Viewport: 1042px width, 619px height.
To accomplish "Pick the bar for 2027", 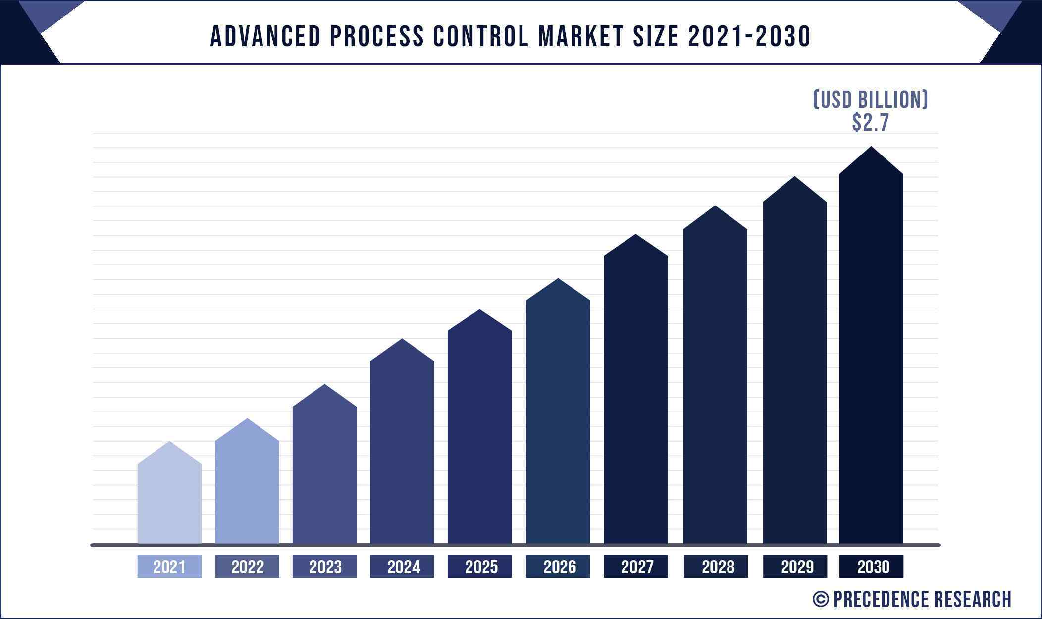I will point(635,396).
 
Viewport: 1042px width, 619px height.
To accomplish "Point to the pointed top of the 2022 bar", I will point(247,422).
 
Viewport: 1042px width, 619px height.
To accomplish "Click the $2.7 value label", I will point(871,123).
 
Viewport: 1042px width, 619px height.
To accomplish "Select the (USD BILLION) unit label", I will point(871,100).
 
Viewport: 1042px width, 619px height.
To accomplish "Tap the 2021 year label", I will point(169,567).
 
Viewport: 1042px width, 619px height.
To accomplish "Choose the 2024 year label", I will point(402,567).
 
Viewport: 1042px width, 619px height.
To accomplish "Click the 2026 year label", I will point(558,567).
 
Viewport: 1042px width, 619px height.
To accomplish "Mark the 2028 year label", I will point(716,567).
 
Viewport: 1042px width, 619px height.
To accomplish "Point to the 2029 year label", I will point(795,567).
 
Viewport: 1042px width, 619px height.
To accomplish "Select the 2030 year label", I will point(872,567).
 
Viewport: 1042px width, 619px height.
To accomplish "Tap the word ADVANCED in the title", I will point(265,36).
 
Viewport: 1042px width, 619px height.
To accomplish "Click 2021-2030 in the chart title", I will point(749,36).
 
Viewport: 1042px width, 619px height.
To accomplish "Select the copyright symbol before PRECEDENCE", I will point(821,599).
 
